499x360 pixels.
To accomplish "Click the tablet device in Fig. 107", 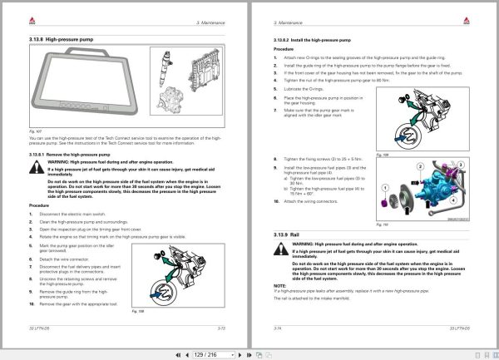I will [80, 87].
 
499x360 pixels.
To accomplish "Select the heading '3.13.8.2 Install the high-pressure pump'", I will [312, 40].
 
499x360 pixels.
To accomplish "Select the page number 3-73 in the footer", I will [219, 329].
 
